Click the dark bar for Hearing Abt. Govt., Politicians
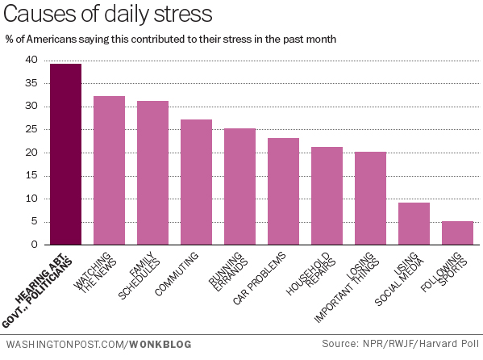65,154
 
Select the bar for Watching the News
109,170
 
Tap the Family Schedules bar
152,173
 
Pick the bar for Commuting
196,182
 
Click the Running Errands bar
239,186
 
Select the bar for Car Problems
283,191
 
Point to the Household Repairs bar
327,195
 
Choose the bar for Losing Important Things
370,198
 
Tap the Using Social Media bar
414,224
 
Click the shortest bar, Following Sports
457,232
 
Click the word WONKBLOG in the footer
159,345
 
